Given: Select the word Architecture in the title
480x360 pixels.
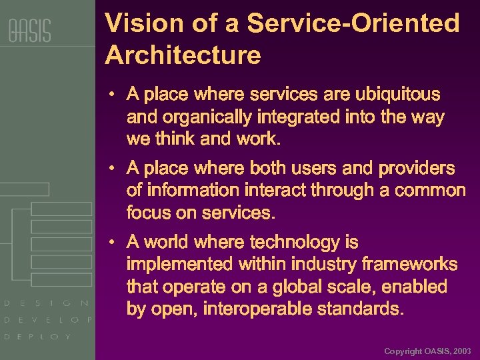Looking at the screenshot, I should coord(183,55).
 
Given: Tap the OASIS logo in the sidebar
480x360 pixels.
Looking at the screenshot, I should coord(29,31).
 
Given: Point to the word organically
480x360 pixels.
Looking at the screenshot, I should coord(202,117).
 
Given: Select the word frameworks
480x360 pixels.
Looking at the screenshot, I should coord(407,265).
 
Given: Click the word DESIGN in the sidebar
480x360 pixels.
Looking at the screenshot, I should coord(47,303).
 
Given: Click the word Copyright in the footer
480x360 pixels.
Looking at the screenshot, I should coord(403,351).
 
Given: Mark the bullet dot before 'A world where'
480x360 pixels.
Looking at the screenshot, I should coord(114,242).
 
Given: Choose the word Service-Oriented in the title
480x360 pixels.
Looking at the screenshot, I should coord(354,24).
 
